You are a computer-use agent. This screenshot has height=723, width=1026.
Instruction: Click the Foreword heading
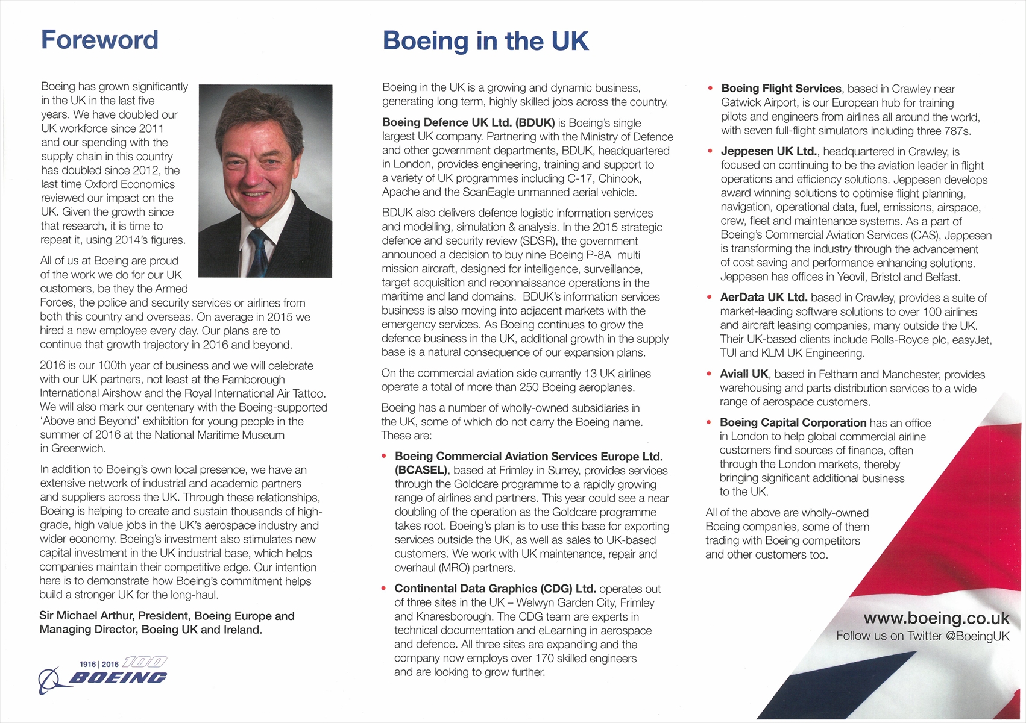coord(99,40)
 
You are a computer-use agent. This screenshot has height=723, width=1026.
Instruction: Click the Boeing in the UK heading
coord(485,41)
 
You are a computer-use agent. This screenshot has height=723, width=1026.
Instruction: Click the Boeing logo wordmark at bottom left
coord(118,678)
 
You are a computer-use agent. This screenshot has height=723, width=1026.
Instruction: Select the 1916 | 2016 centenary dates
coord(99,664)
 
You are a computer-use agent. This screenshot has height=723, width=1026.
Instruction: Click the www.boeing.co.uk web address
coord(936,618)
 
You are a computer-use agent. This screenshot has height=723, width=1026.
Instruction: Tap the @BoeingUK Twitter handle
coord(978,636)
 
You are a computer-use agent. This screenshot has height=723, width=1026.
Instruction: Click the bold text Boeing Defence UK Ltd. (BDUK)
coord(468,123)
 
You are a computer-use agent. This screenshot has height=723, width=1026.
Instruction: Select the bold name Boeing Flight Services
coord(781,89)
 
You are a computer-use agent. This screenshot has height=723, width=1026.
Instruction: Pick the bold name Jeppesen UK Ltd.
coord(769,151)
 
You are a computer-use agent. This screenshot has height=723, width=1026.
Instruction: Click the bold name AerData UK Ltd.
coord(763,298)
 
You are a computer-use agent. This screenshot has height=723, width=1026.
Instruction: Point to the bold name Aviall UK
coord(744,374)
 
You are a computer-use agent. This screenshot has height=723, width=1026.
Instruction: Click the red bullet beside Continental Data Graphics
coord(383,589)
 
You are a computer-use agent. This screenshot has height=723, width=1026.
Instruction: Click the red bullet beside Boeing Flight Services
coord(710,89)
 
